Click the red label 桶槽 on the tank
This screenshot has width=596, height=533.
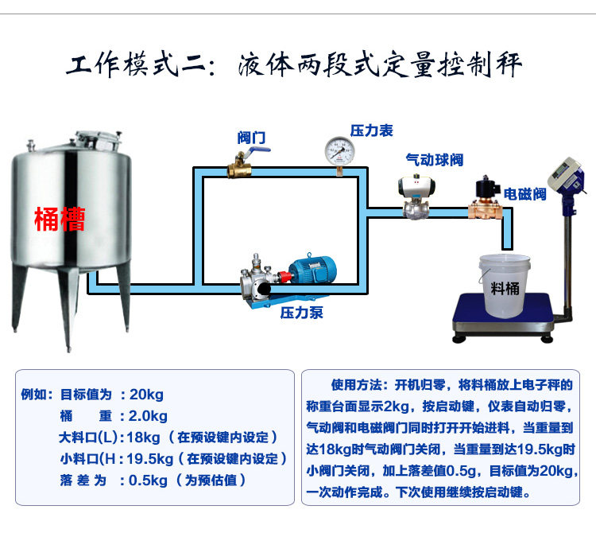[60, 218]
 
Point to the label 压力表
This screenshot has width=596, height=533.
[371, 130]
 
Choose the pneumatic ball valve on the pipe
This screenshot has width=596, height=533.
[414, 197]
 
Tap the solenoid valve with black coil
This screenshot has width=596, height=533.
[482, 197]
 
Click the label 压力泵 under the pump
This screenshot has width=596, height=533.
[302, 313]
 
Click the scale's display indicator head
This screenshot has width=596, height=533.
[565, 177]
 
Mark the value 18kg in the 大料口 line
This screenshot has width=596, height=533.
[143, 438]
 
